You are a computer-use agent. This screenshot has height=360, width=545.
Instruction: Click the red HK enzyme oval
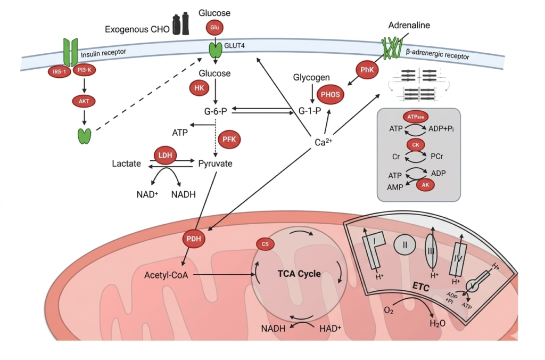(199, 89)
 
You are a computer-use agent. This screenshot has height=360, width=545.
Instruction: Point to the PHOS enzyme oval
(329, 94)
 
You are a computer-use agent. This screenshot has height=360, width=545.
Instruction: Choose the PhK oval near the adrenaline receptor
(367, 69)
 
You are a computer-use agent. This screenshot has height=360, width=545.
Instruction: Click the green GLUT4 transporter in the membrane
(215, 50)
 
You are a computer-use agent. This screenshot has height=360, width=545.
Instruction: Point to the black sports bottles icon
(180, 24)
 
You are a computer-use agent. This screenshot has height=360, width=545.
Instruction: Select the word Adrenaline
(409, 25)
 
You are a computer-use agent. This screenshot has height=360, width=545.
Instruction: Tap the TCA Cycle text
(299, 274)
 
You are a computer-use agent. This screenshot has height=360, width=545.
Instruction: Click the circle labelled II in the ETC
(404, 246)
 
